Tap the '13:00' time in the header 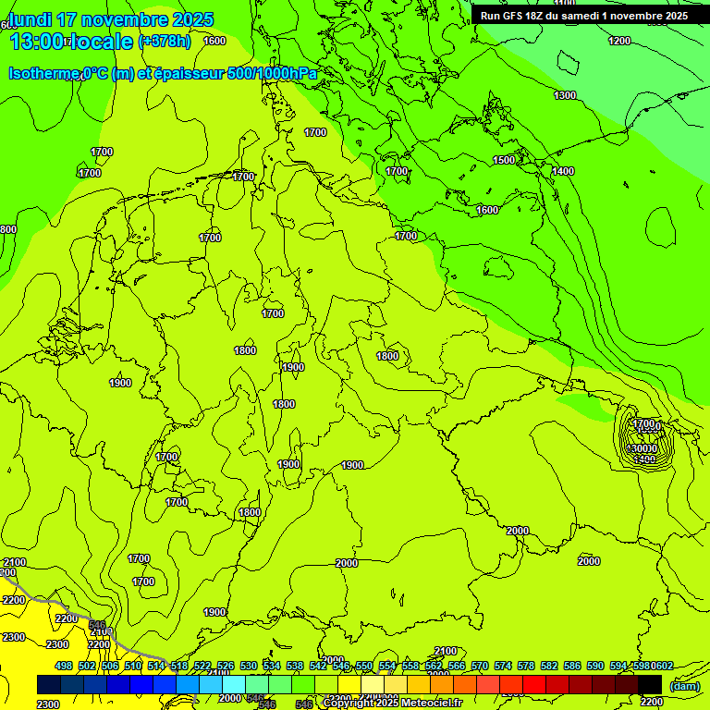[x=37, y=42]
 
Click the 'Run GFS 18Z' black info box [x=583, y=15]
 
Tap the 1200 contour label [x=619, y=41]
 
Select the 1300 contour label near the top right [x=565, y=95]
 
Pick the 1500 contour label [x=504, y=160]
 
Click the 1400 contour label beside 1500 [x=563, y=171]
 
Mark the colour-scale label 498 [x=64, y=666]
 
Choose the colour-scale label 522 [x=202, y=666]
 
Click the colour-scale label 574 [x=503, y=666]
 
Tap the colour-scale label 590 [x=595, y=666]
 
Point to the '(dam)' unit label [x=683, y=686]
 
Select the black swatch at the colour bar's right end [x=650, y=684]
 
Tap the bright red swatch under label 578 [x=534, y=684]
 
